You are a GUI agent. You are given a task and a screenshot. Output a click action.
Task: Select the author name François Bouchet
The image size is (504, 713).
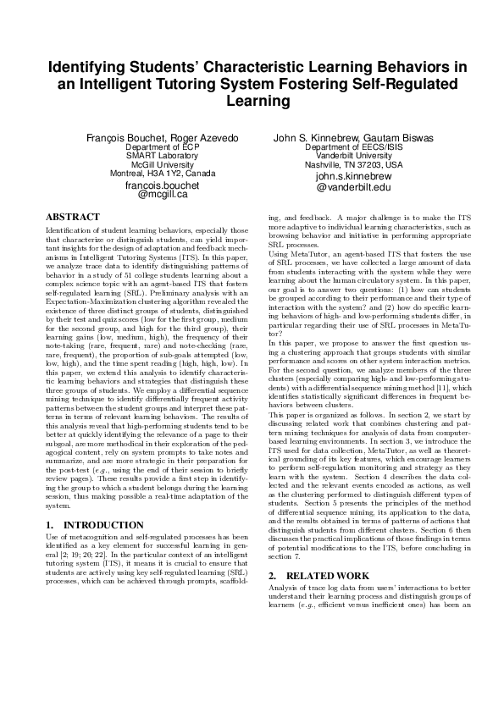click(x=120, y=138)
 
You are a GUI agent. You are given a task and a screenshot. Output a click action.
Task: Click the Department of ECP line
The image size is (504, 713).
click(x=162, y=147)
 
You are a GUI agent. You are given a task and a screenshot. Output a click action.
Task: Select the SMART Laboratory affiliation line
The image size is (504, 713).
click(x=162, y=156)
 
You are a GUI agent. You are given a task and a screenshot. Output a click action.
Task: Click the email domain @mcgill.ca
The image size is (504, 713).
click(x=162, y=195)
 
